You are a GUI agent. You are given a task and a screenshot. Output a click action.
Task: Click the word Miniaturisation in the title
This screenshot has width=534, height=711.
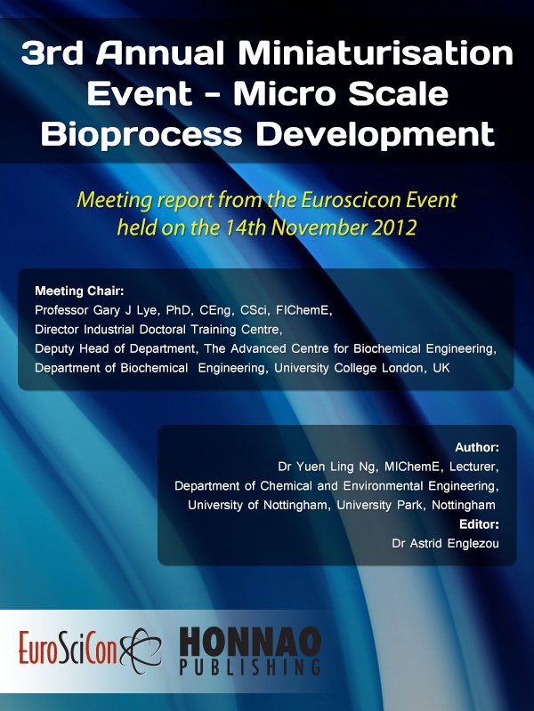point(376,53)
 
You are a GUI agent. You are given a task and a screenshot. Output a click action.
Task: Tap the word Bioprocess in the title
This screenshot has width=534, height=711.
point(142,135)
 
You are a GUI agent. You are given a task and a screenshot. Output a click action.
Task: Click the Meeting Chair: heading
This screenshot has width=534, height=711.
point(79,292)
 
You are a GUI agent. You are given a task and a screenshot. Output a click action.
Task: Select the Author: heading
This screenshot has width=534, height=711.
point(477,448)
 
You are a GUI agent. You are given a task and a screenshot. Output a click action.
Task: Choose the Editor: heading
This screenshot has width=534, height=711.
point(479,524)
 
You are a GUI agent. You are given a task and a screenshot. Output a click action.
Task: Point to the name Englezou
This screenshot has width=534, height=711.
point(473,544)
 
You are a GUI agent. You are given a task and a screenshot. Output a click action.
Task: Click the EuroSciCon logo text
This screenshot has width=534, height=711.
point(68,648)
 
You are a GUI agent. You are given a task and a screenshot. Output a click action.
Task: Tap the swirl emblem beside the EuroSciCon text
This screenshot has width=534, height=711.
point(141,650)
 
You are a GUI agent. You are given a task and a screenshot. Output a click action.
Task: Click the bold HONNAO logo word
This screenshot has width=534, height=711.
point(250,642)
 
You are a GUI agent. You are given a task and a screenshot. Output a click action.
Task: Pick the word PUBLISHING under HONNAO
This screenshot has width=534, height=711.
point(250,667)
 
